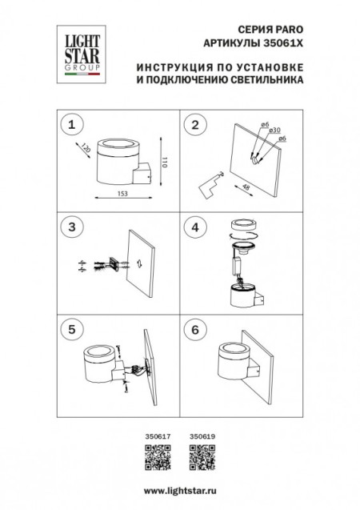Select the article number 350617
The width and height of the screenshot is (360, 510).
point(155,437)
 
